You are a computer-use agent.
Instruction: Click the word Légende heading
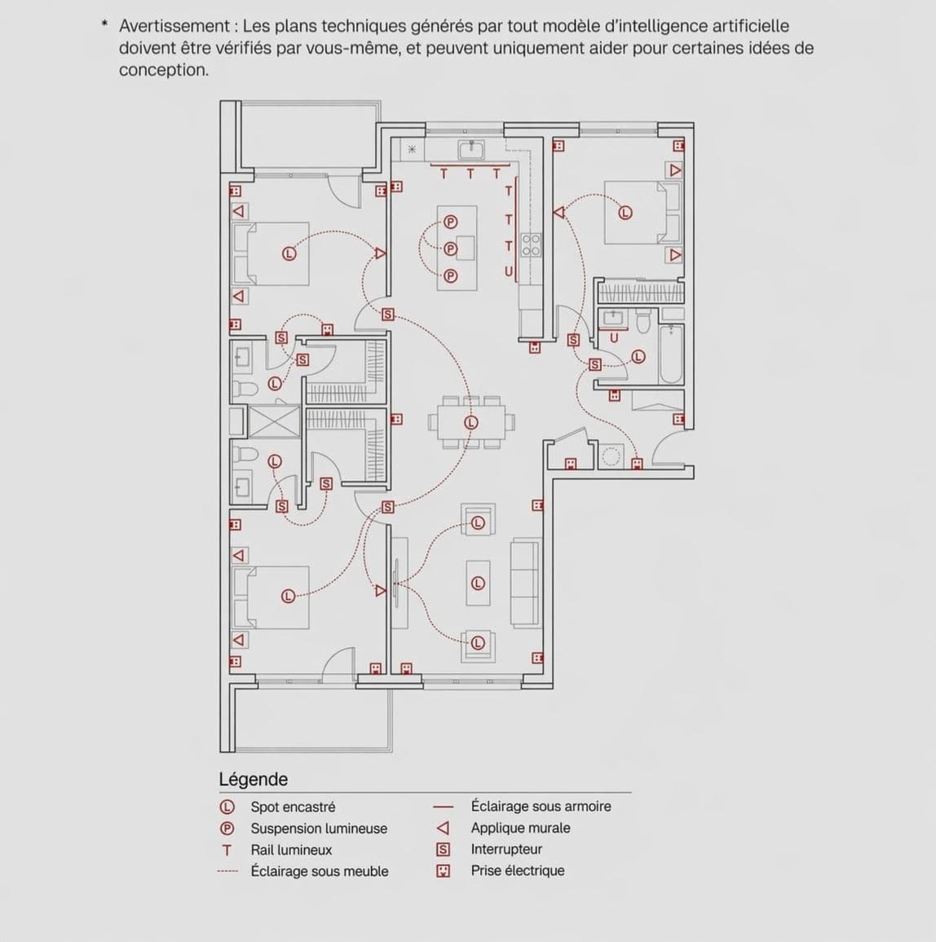253,779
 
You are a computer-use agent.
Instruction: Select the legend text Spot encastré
293,807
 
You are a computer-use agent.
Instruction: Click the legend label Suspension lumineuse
319,828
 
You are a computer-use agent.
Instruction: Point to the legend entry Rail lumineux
291,850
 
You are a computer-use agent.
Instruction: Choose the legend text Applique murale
520,828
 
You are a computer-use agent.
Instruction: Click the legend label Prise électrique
517,870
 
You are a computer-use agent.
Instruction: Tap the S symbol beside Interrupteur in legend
443,849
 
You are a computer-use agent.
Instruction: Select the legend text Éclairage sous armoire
541,806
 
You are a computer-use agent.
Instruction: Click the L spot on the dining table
471,422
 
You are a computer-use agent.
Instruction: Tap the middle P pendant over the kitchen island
449,249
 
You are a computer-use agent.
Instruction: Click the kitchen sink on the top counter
471,149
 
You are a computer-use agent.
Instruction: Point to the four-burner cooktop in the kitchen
531,245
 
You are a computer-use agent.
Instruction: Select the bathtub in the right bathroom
671,354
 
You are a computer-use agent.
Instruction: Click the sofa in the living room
525,583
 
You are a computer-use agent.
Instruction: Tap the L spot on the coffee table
479,583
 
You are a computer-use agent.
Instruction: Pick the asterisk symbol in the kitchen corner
412,149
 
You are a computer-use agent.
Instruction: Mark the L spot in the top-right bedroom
625,213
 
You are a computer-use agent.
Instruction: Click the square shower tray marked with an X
274,421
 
